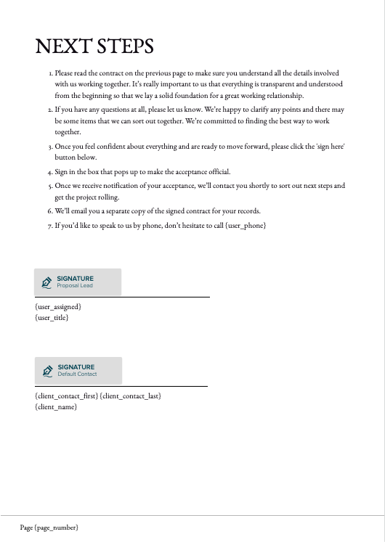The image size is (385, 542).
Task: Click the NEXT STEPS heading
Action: [x=94, y=46]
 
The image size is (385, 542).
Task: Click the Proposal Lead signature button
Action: [x=78, y=282]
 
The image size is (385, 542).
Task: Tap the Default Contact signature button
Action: [x=78, y=370]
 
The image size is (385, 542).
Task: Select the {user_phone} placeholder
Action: [x=246, y=226]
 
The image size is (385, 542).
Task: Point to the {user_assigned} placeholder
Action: [x=58, y=307]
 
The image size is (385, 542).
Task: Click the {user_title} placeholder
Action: [x=52, y=318]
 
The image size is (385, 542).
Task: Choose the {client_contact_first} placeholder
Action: [x=66, y=395]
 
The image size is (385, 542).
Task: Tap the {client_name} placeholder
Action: [x=55, y=406]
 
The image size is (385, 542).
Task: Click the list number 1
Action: [x=51, y=73]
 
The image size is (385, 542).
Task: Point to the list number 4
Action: [x=50, y=172]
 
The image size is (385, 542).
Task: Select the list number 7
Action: [x=50, y=226]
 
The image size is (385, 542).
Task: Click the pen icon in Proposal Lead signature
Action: [x=47, y=282]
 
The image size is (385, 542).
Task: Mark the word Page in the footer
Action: [x=26, y=527]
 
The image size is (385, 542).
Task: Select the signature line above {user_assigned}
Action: [x=122, y=297]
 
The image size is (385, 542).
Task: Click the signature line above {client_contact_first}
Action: [x=121, y=386]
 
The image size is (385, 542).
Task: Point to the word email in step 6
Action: [x=74, y=211]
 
